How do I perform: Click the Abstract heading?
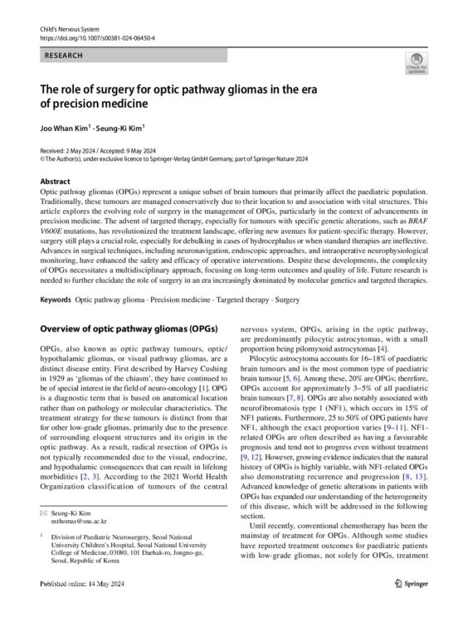54,180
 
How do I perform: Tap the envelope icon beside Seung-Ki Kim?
45,515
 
